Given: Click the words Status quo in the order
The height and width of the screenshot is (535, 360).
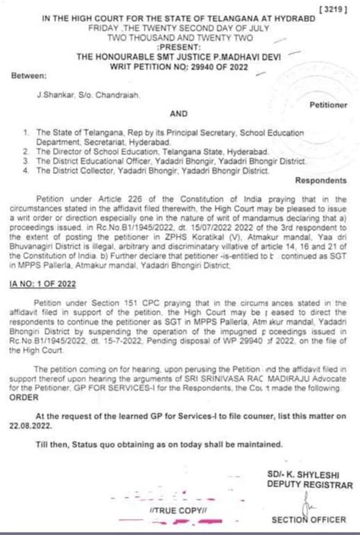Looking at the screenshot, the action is (95, 425).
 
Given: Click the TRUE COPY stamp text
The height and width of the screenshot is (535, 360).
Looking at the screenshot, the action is (184, 511).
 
